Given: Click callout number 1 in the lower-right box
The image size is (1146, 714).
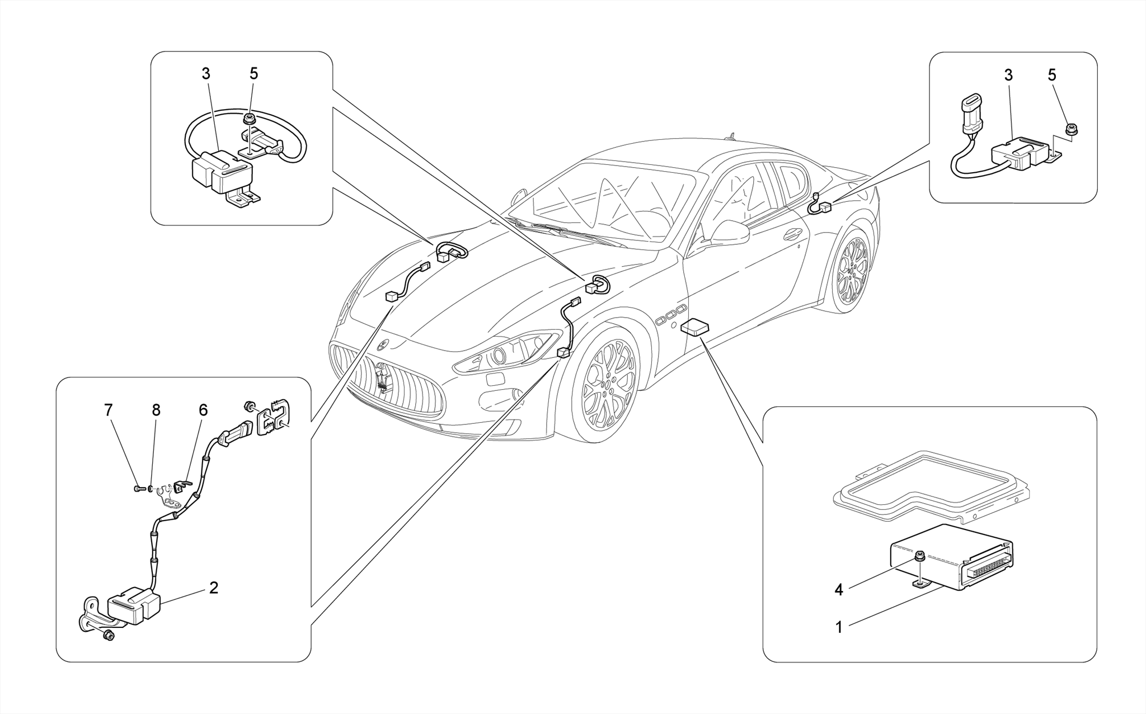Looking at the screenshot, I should [838, 627].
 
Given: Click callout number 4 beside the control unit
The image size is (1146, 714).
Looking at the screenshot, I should [838, 590].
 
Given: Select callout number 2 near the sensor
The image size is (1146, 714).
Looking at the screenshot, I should [213, 587].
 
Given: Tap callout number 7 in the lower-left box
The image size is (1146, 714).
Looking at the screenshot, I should [108, 410].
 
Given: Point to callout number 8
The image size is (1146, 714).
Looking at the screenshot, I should [156, 410].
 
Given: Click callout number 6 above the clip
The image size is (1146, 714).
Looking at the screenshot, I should [203, 410].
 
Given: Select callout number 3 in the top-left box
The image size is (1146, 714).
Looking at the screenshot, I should [205, 73].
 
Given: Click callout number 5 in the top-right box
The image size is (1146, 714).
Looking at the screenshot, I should [1051, 75].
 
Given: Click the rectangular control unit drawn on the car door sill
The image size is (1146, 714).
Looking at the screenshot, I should [696, 328].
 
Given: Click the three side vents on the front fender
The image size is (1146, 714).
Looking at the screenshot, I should [671, 315].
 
